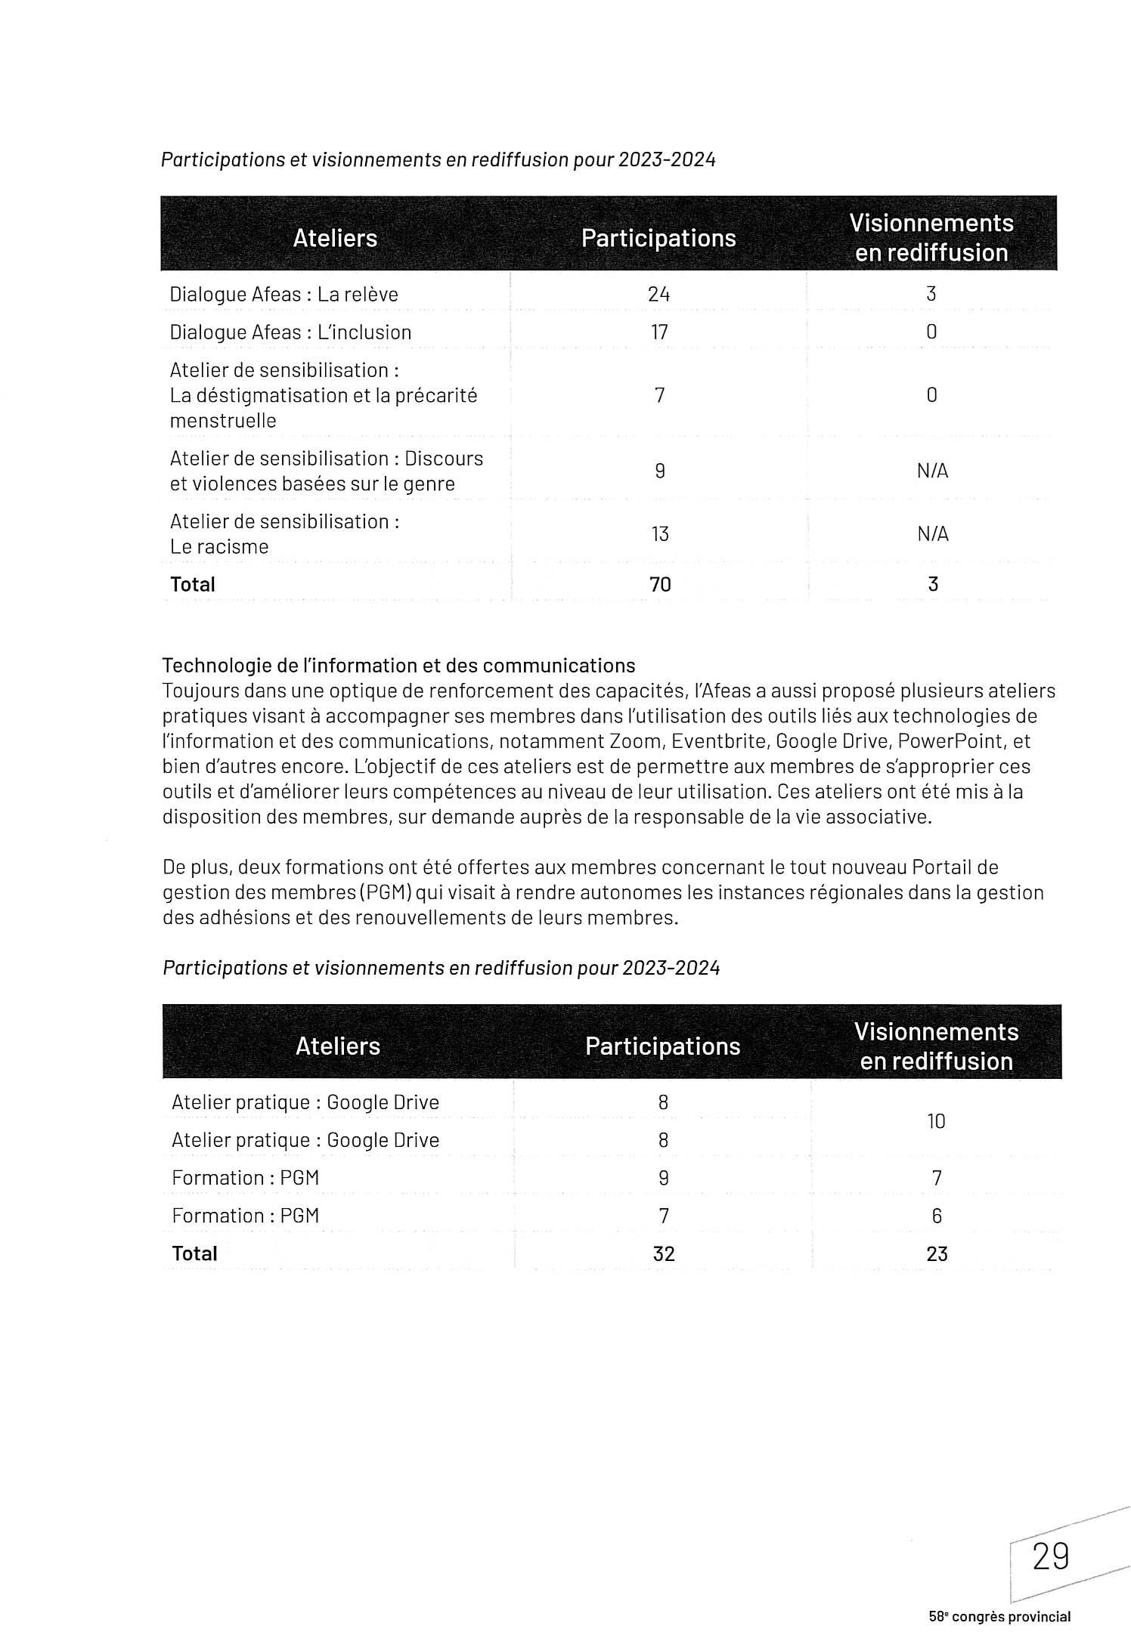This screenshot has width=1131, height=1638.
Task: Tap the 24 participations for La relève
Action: coord(659,294)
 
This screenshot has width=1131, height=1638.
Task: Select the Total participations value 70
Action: coord(660,584)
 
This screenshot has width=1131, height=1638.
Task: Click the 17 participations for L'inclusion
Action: coord(659,332)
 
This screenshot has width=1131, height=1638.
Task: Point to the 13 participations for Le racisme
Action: coord(660,534)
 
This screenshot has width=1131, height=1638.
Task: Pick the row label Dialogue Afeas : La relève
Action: coord(284,294)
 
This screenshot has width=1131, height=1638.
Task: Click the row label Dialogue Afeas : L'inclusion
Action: coord(290,332)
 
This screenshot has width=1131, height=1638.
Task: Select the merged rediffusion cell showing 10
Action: coord(936,1121)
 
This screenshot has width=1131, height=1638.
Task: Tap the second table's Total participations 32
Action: coord(664,1253)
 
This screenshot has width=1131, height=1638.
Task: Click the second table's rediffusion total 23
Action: coord(937,1253)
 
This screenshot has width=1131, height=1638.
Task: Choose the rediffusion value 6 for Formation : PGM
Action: coord(937,1216)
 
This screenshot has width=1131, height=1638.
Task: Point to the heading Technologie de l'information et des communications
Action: coord(398,666)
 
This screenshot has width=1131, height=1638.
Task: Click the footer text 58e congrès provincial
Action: coord(999,1617)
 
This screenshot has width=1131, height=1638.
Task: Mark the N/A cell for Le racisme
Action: coord(932,534)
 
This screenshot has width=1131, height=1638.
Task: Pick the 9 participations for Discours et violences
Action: coord(660,471)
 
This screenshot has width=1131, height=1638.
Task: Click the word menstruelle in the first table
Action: coord(223,421)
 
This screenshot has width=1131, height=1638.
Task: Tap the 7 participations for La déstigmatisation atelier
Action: coord(660,395)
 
